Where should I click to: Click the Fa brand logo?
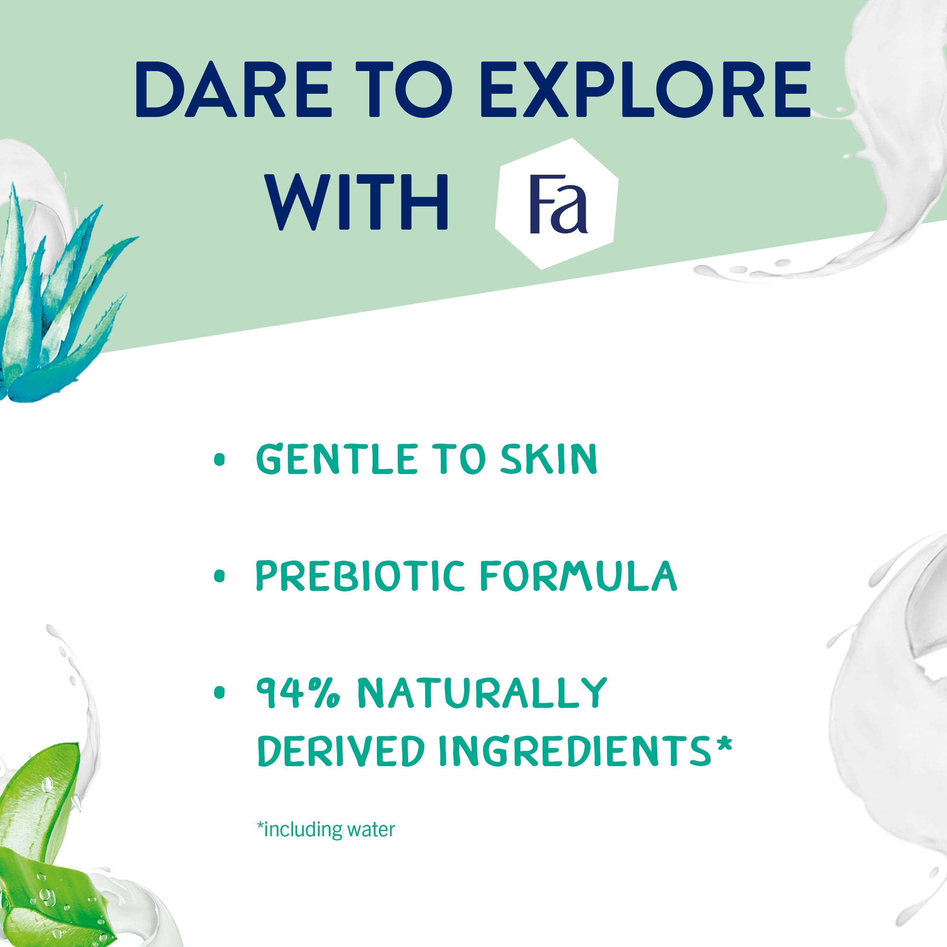(557, 204)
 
